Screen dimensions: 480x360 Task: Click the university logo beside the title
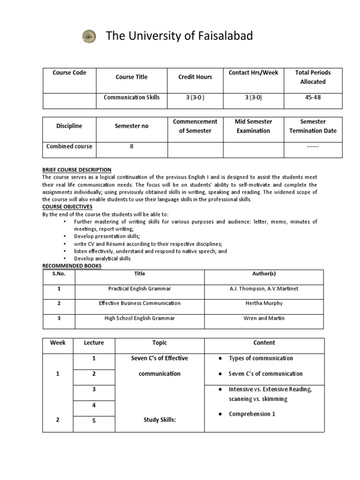click(89, 36)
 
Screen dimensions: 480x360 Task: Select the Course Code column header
click(69, 73)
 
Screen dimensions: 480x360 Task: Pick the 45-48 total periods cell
click(313, 97)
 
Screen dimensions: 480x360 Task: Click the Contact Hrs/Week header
click(253, 73)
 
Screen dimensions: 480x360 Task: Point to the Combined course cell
click(69, 146)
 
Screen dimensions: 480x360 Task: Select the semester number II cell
click(131, 146)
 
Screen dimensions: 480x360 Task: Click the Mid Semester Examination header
click(253, 126)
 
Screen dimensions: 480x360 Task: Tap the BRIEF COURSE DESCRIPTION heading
click(77, 170)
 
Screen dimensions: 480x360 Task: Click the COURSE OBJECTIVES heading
click(67, 206)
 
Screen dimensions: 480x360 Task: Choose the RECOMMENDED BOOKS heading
click(72, 266)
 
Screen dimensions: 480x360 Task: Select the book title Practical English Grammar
click(139, 289)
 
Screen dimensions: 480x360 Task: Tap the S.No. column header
click(59, 274)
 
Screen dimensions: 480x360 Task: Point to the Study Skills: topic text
click(159, 420)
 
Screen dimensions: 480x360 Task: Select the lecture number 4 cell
click(94, 405)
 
